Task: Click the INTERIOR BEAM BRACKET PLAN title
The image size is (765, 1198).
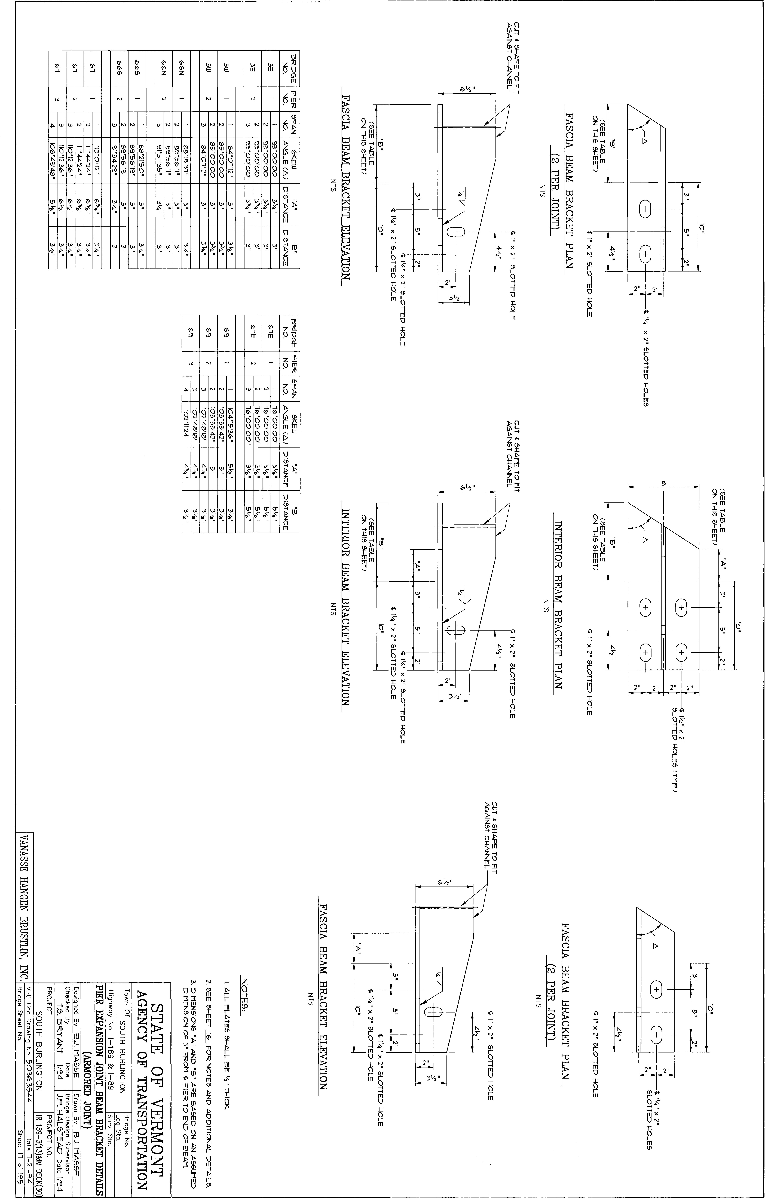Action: pyautogui.click(x=558, y=604)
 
